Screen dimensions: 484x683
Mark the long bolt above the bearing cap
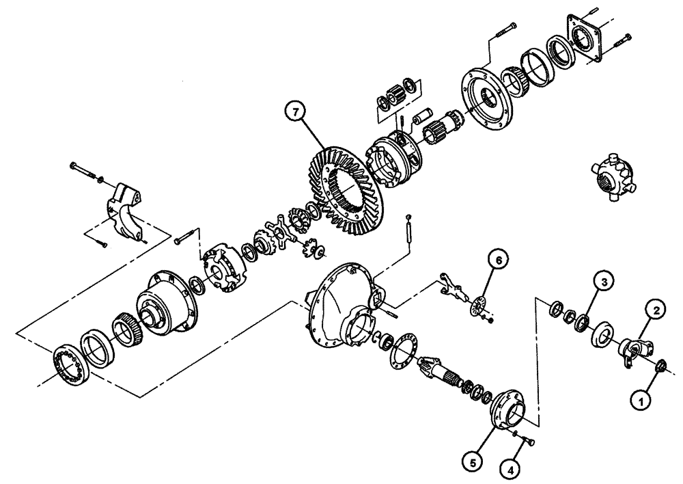pos(85,172)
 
